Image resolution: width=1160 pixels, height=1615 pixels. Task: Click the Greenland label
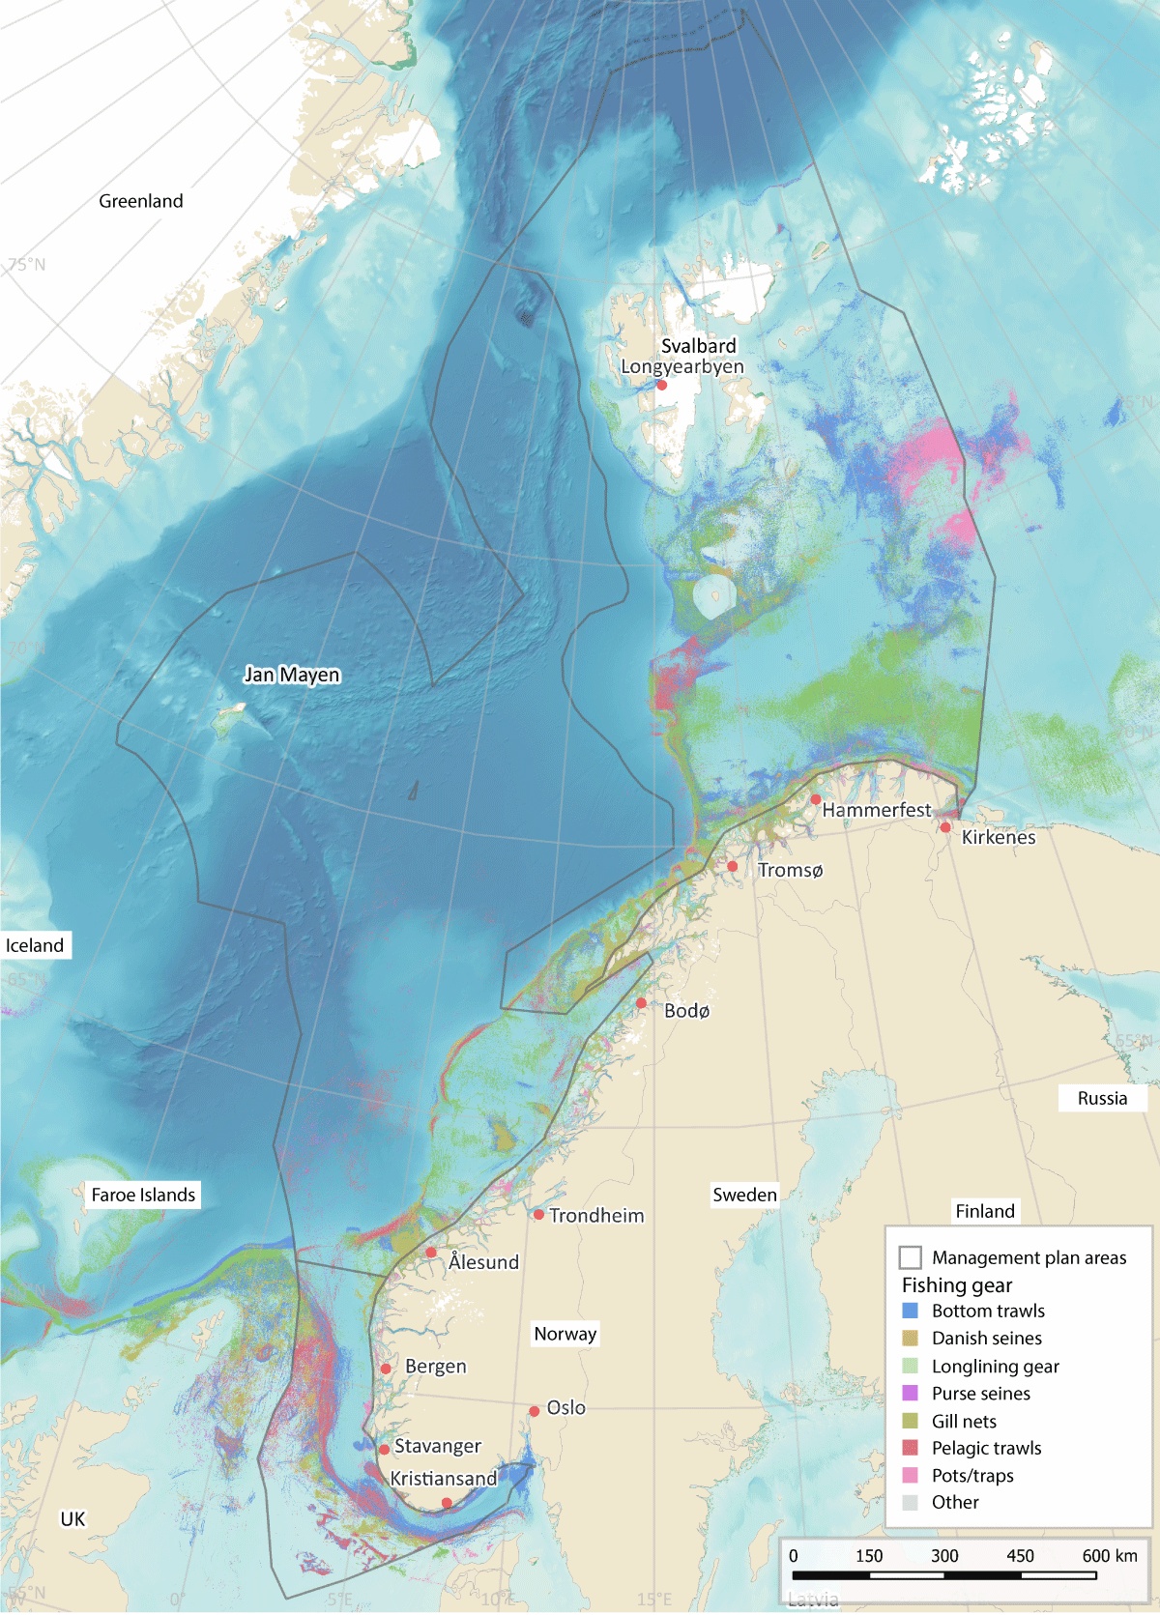141,201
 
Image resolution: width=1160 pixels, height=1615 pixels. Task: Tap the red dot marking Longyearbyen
661,385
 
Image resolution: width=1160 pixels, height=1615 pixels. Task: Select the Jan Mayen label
292,675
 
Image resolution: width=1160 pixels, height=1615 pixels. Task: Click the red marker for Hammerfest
816,799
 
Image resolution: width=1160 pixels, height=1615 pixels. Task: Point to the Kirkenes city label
999,837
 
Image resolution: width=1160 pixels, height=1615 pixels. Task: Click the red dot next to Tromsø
733,867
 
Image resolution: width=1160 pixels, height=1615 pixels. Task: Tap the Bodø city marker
641,1003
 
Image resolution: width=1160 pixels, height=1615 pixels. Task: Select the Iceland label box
35,945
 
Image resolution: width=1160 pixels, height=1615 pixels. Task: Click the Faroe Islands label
143,1195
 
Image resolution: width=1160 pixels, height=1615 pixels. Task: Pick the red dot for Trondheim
538,1214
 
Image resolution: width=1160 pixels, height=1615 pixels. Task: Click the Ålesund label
483,1262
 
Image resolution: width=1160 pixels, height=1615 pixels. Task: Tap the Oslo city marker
534,1411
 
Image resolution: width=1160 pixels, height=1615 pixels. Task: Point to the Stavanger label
438,1446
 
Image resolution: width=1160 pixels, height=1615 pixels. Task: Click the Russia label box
1102,1098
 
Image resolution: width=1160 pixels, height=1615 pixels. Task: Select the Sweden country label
744,1195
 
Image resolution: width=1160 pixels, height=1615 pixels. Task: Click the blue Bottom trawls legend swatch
910,1311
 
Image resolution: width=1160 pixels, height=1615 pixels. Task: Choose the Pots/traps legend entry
972,1475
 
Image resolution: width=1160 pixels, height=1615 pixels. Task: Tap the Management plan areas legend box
910,1257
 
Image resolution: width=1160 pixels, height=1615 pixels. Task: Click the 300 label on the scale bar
944,1555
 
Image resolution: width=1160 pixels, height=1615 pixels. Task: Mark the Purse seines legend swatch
910,1393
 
